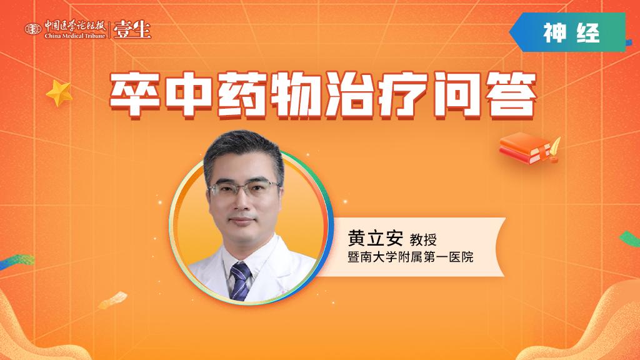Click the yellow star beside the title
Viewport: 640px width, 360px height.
click(x=59, y=93)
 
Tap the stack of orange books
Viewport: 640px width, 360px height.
click(x=525, y=148)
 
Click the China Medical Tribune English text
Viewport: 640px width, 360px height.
click(x=75, y=36)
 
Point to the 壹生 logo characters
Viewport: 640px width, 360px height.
click(x=132, y=29)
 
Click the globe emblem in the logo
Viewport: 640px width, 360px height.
click(x=33, y=29)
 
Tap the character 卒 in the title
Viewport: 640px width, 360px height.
click(x=135, y=95)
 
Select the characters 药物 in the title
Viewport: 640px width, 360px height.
click(x=269, y=95)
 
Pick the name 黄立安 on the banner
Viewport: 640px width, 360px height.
click(x=376, y=237)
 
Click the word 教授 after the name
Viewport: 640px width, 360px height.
click(x=423, y=239)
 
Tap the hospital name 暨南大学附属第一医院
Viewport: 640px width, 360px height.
click(x=411, y=257)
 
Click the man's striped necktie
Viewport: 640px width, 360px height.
click(x=240, y=281)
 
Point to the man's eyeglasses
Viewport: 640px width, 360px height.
click(x=244, y=188)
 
